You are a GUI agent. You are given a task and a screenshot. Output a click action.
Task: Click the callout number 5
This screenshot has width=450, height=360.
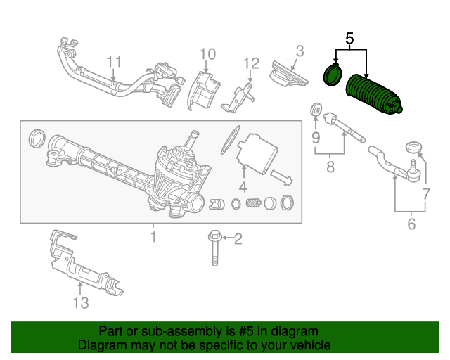pos(349,39)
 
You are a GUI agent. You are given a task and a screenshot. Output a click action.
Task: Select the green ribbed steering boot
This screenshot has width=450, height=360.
pos(373,95)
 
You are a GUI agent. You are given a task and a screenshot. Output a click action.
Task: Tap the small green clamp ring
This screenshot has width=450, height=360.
pos(333,75)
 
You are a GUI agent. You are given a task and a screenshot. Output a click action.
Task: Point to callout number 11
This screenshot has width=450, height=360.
pos(114,62)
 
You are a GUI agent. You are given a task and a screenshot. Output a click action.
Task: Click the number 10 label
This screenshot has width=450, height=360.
pos(208,54)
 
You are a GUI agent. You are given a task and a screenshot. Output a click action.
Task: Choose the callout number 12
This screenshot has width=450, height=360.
pos(252,63)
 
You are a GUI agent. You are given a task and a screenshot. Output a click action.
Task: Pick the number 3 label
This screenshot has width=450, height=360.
pos(300,51)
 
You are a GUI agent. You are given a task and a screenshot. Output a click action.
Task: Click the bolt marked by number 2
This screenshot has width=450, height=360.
pos(214,248)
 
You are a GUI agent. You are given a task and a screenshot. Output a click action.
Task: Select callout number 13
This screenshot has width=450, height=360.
pos(81,302)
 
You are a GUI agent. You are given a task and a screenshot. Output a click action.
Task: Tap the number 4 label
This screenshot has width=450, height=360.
pos(243,187)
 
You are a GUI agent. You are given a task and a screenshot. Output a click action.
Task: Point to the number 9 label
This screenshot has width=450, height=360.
pos(316,138)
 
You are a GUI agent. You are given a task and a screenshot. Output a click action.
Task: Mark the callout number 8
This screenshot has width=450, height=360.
pos(330,167)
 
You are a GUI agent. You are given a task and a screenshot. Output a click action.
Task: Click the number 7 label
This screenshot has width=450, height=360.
pos(426,194)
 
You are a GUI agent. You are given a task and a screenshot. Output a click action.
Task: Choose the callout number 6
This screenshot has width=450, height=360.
pos(411,224)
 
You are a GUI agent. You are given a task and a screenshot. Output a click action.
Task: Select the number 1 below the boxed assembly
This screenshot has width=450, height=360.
pos(154,237)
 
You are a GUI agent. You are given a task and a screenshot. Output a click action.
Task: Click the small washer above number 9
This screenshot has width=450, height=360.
pos(316,109)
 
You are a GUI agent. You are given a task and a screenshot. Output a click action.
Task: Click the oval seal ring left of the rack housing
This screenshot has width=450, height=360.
pos(37,139)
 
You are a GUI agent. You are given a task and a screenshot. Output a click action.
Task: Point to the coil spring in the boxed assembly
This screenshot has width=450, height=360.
pos(253,203)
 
